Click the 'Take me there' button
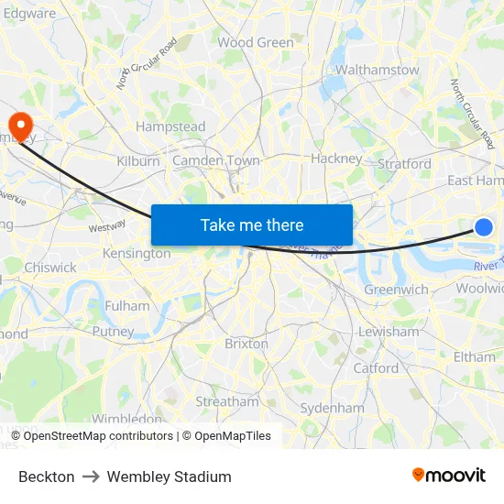252,225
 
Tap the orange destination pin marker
19,125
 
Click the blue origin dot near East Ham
484,227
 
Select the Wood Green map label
256,42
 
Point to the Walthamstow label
377,70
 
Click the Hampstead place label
170,126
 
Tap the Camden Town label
216,160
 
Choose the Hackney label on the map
336,158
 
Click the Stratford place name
403,164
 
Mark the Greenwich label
396,290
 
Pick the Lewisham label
388,332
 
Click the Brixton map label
247,344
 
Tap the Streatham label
227,401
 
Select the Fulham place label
127,306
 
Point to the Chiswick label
51,268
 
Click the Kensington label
137,253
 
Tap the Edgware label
29,14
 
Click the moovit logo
448,476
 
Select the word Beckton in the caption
47,477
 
